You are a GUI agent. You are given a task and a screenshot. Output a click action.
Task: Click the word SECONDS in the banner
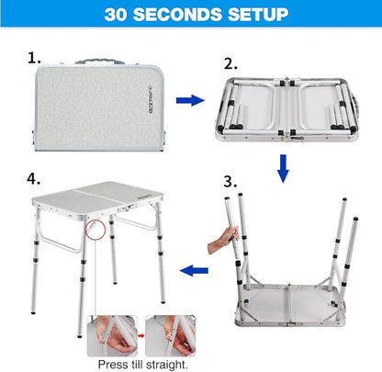pos(176,15)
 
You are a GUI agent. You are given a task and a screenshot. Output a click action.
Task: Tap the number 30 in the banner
pos(116,15)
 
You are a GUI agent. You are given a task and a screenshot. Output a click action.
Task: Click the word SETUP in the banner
pos(258,15)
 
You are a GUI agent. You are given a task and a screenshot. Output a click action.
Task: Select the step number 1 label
pos(34,58)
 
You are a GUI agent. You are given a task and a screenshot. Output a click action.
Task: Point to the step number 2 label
pos(230,64)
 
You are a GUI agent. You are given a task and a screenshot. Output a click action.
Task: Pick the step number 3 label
pos(230,181)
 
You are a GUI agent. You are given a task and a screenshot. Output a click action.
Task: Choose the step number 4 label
pos(33,178)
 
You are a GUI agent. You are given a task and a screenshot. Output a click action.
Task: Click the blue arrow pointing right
pos(190,100)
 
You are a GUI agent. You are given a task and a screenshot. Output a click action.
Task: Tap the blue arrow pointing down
pos(283,169)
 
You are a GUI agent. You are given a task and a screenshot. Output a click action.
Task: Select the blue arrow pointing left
pos(194,271)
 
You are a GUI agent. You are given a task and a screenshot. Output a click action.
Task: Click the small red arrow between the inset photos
pos(141,336)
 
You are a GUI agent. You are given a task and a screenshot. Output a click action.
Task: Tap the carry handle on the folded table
pos(99,61)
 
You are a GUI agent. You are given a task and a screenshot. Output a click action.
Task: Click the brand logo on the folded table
pos(151,99)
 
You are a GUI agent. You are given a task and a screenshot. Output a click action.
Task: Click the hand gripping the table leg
pos(223,241)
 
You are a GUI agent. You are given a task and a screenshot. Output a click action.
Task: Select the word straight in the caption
pos(166,365)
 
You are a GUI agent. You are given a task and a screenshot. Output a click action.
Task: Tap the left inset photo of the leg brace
pos(112,336)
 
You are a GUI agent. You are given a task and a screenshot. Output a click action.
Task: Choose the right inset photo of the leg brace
pos(170,336)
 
